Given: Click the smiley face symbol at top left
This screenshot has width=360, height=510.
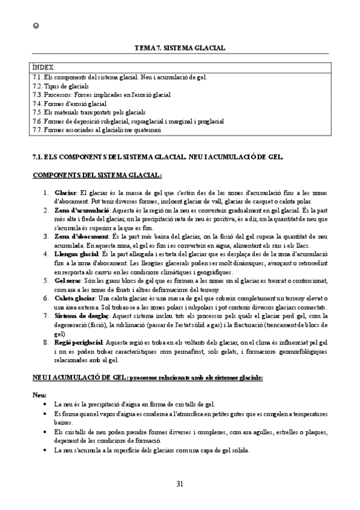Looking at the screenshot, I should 35,25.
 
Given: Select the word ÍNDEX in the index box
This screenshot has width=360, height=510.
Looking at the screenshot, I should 43,68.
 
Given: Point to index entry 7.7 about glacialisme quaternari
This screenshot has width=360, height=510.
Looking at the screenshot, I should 96,129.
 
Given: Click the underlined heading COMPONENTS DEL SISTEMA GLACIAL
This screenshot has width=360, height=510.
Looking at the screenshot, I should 96,174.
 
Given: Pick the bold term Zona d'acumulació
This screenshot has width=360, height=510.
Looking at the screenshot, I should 81,210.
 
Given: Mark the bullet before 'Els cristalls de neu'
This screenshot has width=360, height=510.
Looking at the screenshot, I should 47,431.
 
